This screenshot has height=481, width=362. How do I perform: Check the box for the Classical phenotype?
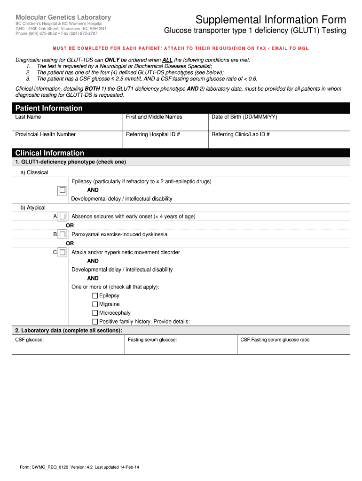point(62,191)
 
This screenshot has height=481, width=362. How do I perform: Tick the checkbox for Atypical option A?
point(62,217)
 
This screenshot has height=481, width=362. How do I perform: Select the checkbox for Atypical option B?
point(62,234)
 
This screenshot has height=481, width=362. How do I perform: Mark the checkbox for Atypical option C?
point(62,252)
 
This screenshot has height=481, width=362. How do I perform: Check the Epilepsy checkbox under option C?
point(95,296)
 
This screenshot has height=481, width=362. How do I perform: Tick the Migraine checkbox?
point(95,304)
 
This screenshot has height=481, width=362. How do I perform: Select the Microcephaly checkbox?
point(95,313)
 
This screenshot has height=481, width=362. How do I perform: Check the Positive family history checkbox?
point(95,322)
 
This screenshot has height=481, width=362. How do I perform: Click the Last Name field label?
point(28,117)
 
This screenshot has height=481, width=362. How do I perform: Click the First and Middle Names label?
point(154,117)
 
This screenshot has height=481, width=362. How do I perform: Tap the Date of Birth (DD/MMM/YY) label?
point(244,117)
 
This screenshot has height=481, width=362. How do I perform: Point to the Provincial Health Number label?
point(46,134)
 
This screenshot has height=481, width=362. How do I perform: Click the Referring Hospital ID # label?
point(153,134)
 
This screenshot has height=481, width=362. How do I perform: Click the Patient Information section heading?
point(49,108)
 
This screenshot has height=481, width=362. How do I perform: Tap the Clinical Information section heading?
point(50,153)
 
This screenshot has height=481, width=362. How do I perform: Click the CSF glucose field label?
point(30,340)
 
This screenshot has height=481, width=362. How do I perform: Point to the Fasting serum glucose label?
point(152,340)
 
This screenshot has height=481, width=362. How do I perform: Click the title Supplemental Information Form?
point(271,20)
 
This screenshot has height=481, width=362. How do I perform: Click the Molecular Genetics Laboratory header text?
point(63,17)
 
